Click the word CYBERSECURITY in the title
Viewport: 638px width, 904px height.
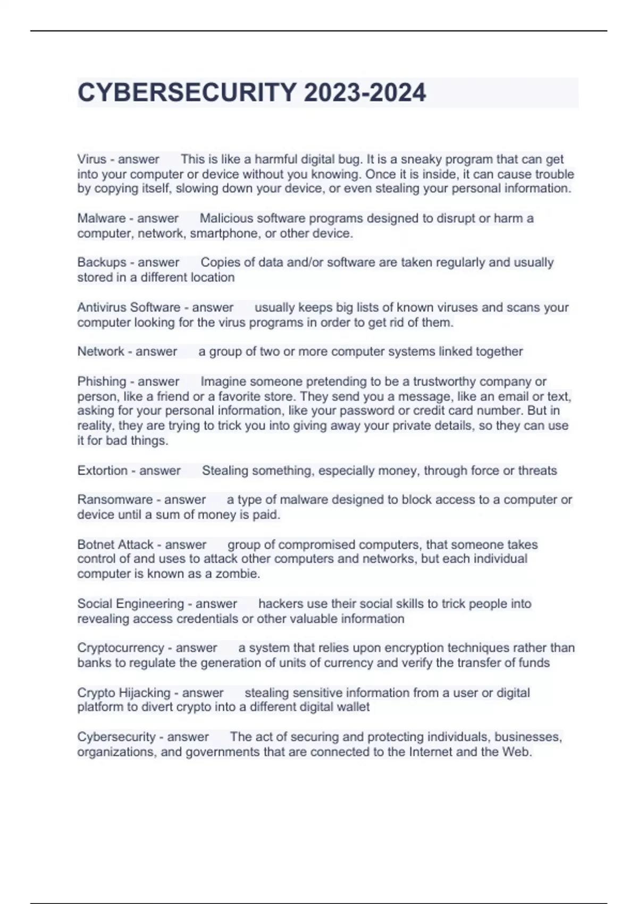click(x=187, y=93)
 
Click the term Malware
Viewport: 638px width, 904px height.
click(x=101, y=218)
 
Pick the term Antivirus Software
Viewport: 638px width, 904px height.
click(x=129, y=307)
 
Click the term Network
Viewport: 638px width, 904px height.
click(x=100, y=351)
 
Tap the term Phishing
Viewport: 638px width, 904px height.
click(x=102, y=381)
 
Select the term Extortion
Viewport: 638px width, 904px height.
click(x=103, y=471)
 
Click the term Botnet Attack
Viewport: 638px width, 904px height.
click(x=115, y=545)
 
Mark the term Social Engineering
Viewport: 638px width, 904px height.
click(x=130, y=604)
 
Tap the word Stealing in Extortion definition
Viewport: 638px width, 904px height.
click(x=225, y=471)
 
